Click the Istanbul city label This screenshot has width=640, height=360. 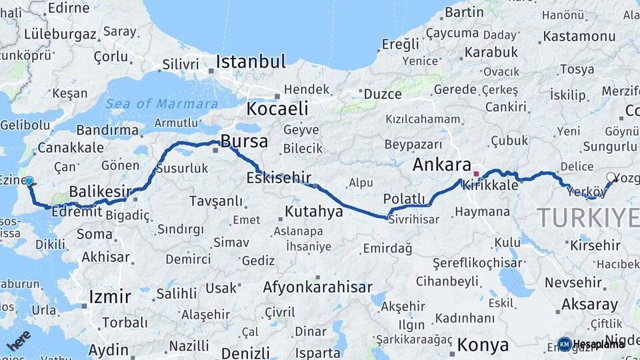pos(251,62)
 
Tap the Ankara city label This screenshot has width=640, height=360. pos(443,165)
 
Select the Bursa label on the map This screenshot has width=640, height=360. pos(244,141)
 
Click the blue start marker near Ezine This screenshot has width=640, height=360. pos(29,181)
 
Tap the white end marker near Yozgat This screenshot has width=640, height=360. pos(611,177)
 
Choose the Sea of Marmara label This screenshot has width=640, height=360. pos(161,103)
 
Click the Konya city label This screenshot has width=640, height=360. pos(483,345)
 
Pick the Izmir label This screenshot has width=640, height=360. pos(109,297)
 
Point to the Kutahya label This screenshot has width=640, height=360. pos(313,212)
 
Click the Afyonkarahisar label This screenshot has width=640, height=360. pos(317,287)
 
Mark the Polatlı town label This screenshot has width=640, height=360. pos(404,199)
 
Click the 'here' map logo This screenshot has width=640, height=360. pos(18,340)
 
